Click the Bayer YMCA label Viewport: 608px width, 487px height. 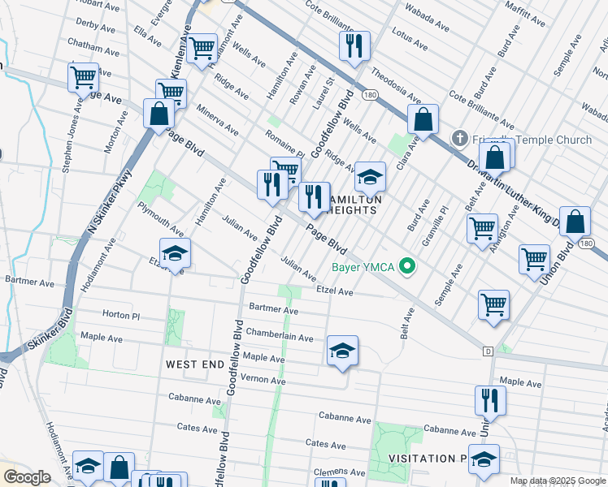click(363, 267)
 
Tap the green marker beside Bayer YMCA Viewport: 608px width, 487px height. click(410, 266)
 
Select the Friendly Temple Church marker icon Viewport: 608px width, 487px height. click(460, 140)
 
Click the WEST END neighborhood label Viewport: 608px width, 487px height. click(194, 365)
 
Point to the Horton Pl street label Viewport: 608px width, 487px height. click(121, 314)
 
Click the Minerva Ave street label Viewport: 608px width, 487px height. click(215, 119)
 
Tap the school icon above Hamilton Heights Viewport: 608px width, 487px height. click(370, 176)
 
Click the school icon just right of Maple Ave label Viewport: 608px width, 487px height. click(342, 351)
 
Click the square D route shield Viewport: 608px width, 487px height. click(488, 351)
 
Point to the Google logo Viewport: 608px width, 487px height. click(27, 477)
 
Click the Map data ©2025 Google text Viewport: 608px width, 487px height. click(557, 481)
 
